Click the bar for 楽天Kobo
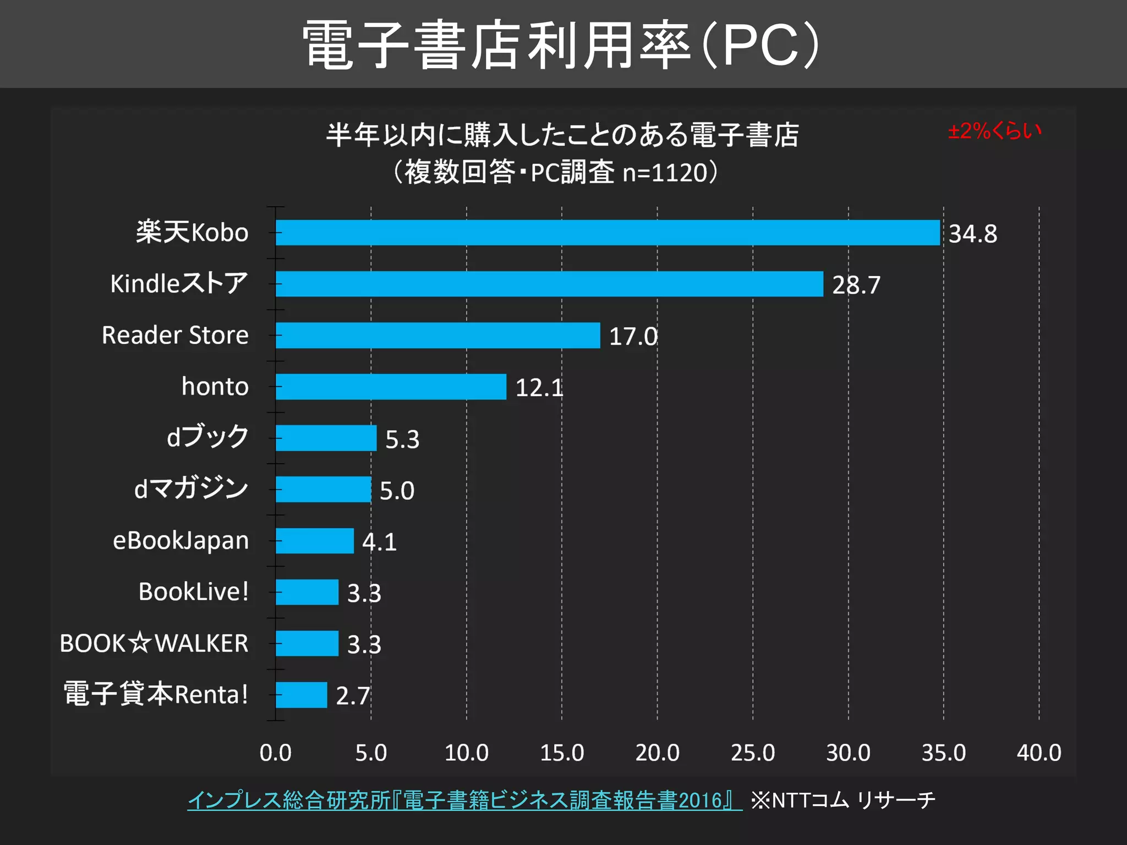point(608,233)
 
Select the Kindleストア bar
point(549,284)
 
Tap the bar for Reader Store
point(437,335)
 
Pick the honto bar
point(391,387)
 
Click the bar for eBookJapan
point(314,541)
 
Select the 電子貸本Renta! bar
point(301,695)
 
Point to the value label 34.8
point(972,234)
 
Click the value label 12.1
point(539,388)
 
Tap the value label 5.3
point(402,440)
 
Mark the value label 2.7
point(353,696)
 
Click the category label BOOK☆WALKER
point(154,643)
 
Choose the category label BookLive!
point(194,592)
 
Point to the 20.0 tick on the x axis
point(657,753)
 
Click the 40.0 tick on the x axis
point(1038,753)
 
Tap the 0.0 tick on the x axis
point(276,753)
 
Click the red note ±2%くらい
point(994,131)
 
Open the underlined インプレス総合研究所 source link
point(464,800)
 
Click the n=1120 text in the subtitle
point(664,173)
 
